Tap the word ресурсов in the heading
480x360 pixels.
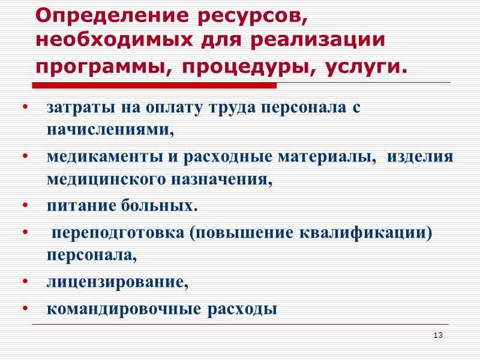coord(256,17)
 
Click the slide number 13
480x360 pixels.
coord(438,335)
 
